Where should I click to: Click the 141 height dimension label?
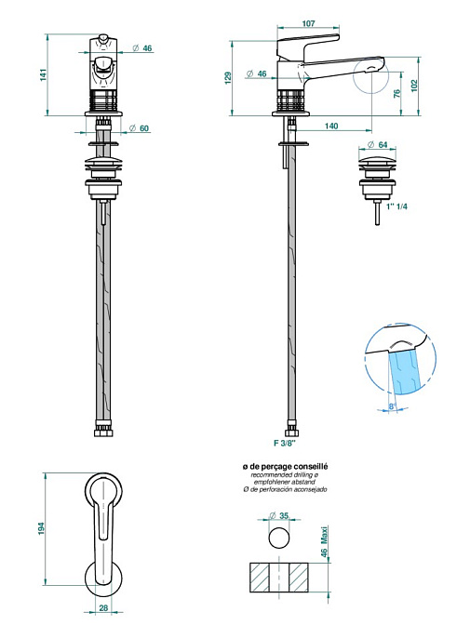pos(43,75)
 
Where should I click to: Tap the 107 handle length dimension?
pos(308,23)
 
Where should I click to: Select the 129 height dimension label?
pos(228,78)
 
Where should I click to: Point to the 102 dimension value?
pos(414,86)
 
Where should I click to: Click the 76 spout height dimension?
pos(396,94)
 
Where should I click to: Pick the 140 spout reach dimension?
pos(331,126)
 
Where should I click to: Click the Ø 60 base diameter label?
pos(140,128)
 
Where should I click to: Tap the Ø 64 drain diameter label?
pos(378,145)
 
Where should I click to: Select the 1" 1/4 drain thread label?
pos(397,206)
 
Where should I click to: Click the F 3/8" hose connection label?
pos(285,443)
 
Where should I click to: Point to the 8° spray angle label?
pos(392,406)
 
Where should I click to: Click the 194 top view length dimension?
pos(42,529)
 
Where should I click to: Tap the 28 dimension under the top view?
pos(103,608)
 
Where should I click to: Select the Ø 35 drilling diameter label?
pos(279,516)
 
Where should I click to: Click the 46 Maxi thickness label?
pos(325,541)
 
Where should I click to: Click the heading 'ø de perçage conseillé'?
pos(286,466)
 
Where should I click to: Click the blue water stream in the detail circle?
pos(404,372)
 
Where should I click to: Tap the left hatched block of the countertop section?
pos(260,577)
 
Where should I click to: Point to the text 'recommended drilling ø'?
pos(285,475)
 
